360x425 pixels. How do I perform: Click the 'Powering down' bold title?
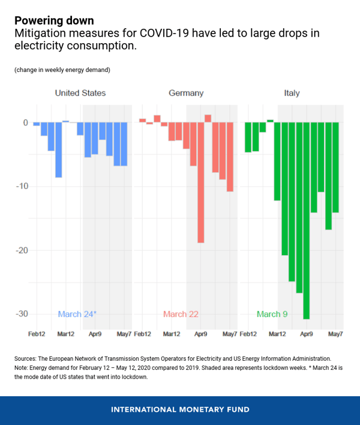pyautogui.click(x=54, y=21)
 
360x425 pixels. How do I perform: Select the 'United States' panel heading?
pyautogui.click(x=80, y=93)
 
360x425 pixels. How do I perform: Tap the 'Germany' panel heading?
pyautogui.click(x=186, y=93)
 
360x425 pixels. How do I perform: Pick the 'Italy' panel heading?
pyautogui.click(x=292, y=93)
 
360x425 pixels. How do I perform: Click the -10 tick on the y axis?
pyautogui.click(x=22, y=187)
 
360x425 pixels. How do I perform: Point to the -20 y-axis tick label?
pyautogui.click(x=22, y=250)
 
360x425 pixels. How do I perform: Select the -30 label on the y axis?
pyautogui.click(x=22, y=314)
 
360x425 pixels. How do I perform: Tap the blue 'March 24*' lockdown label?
pyautogui.click(x=77, y=314)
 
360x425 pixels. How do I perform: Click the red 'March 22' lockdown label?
pyautogui.click(x=181, y=314)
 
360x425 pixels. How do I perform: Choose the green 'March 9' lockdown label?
pyautogui.click(x=273, y=314)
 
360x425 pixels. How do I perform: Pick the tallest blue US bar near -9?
pyautogui.click(x=59, y=150)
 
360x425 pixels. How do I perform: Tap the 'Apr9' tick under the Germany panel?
pyautogui.click(x=201, y=333)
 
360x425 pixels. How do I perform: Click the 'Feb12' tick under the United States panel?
pyautogui.click(x=37, y=333)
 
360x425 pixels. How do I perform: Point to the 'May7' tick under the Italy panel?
pyautogui.click(x=335, y=333)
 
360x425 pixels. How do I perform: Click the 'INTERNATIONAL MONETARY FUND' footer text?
pyautogui.click(x=180, y=409)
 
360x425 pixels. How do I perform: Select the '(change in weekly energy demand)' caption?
pyautogui.click(x=62, y=70)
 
